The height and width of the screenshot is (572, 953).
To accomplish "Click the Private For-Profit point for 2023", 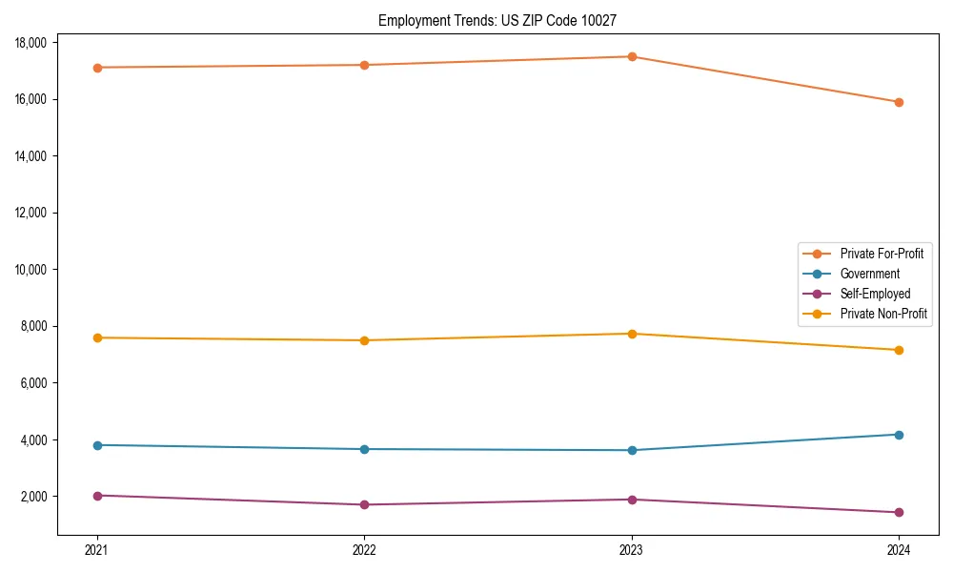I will pyautogui.click(x=632, y=56).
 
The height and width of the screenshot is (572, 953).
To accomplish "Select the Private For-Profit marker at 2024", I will pyautogui.click(x=899, y=102).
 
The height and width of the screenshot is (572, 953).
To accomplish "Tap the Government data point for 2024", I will pyautogui.click(x=899, y=435).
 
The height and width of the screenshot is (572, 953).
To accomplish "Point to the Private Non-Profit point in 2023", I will pyautogui.click(x=632, y=334).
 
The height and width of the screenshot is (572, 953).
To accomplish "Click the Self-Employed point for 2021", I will pyautogui.click(x=97, y=496).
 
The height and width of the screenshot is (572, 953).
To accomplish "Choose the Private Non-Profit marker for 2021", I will pyautogui.click(x=97, y=337).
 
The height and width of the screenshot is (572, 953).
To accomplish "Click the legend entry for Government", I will pyautogui.click(x=869, y=274).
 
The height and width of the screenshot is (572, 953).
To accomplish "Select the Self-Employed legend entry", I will pyautogui.click(x=875, y=294).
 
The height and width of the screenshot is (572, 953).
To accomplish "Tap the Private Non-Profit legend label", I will pyautogui.click(x=883, y=314).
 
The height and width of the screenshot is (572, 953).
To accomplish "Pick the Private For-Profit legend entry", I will pyautogui.click(x=882, y=254).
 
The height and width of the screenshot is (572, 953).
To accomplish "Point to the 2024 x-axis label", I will pyautogui.click(x=899, y=549).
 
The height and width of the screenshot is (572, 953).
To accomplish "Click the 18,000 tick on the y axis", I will pyautogui.click(x=32, y=43).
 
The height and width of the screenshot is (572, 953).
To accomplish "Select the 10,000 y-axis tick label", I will pyautogui.click(x=32, y=270).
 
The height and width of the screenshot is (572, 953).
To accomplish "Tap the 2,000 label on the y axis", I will pyautogui.click(x=35, y=497).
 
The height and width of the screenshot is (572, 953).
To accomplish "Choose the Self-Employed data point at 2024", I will pyautogui.click(x=899, y=512).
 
